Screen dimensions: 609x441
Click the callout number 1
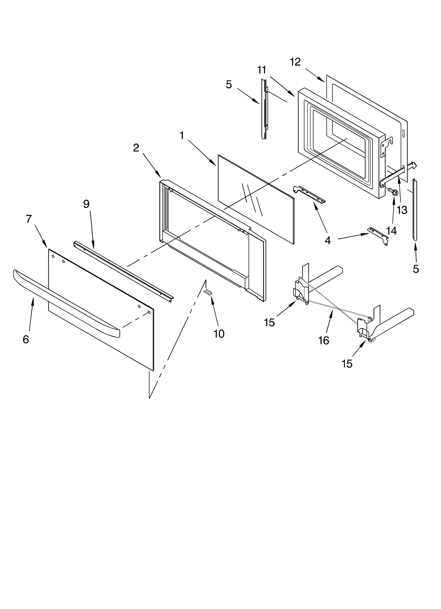click(x=182, y=135)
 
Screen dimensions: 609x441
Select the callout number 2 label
click(x=136, y=148)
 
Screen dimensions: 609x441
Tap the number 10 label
click(x=219, y=334)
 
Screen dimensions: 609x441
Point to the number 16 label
click(x=324, y=340)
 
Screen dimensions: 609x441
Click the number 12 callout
click(x=295, y=62)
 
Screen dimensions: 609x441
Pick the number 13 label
click(x=402, y=210)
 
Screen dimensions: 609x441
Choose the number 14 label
click(x=391, y=231)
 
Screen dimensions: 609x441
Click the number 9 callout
click(x=86, y=204)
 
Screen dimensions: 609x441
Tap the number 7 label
click(x=29, y=219)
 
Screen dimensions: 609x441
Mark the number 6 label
click(x=26, y=339)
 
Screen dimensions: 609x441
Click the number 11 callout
click(x=262, y=70)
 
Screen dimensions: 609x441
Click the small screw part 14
click(x=392, y=191)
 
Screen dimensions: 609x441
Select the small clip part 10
click(x=208, y=292)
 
